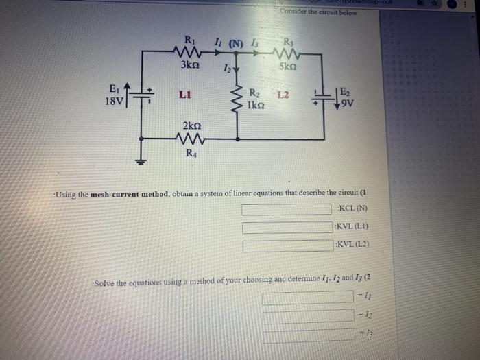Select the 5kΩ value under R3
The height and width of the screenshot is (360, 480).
click(x=288, y=67)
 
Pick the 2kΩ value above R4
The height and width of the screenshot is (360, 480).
click(x=191, y=125)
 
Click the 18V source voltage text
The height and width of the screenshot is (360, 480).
click(x=115, y=101)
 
